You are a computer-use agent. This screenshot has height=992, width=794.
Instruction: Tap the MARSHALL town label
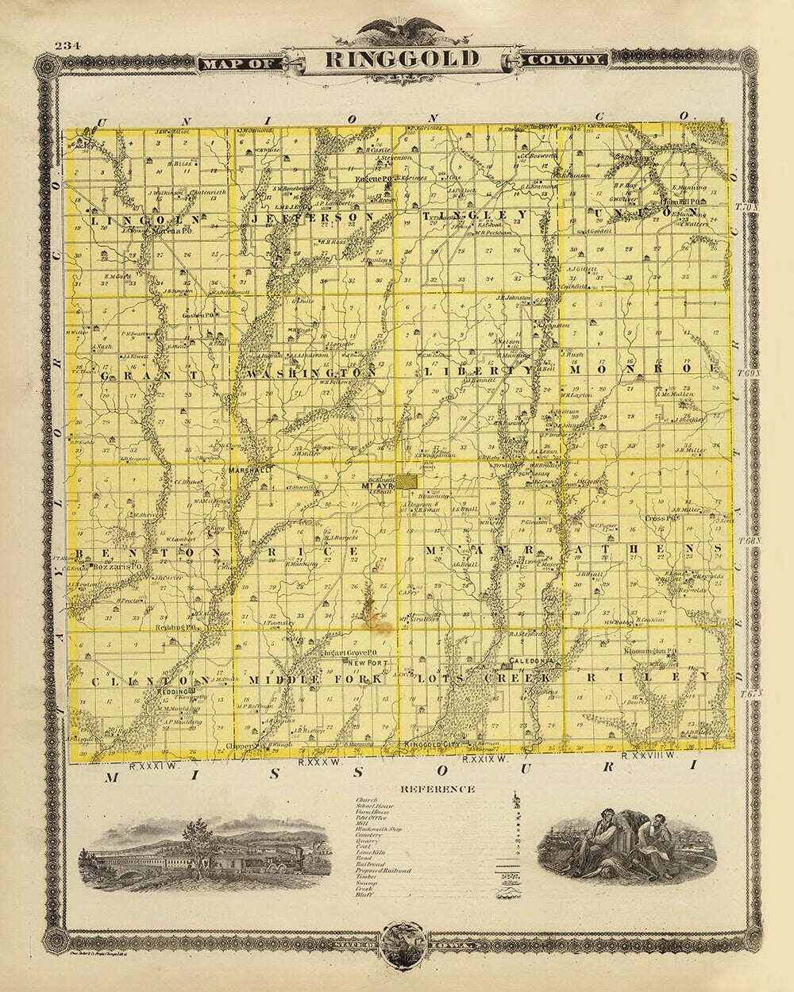tap(249, 470)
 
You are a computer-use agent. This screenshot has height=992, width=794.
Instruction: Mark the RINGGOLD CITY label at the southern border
tap(434, 744)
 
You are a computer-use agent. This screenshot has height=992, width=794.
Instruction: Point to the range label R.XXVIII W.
tap(647, 756)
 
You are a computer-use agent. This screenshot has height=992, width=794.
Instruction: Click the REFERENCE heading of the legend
tap(437, 789)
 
